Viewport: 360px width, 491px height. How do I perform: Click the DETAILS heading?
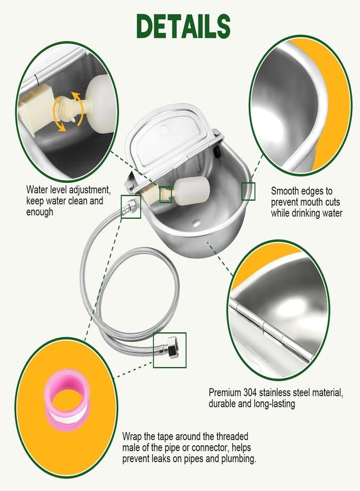point(183,27)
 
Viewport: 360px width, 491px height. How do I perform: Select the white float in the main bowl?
point(191,191)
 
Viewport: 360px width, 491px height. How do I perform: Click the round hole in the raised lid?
point(164,130)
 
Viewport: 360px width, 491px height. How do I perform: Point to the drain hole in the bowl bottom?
point(196,223)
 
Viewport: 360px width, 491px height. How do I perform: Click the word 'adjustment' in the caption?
point(90,190)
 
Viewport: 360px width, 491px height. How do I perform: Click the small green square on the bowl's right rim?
point(248,191)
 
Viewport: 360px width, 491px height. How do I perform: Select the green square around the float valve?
point(166,194)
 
